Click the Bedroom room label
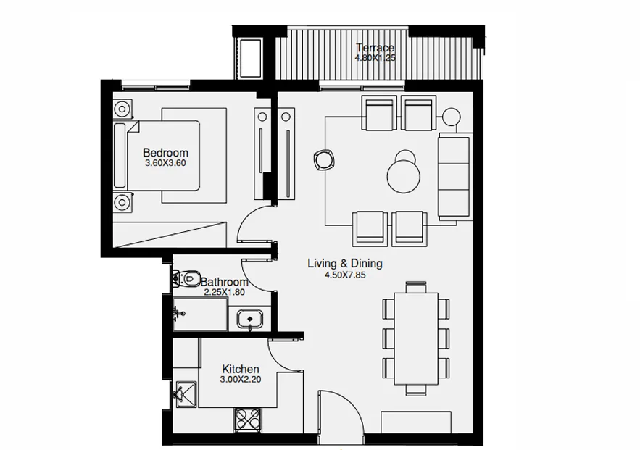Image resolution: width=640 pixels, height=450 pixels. pyautogui.click(x=165, y=153)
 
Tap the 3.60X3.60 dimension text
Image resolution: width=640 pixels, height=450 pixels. pyautogui.click(x=165, y=164)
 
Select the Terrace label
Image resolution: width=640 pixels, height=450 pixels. pyautogui.click(x=375, y=49)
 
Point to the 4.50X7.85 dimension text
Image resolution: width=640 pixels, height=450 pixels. pyautogui.click(x=344, y=275)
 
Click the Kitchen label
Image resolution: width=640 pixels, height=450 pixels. pyautogui.click(x=241, y=370)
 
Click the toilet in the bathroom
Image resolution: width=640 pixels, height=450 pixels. pyautogui.click(x=187, y=277)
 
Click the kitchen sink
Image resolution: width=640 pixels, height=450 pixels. pyautogui.click(x=184, y=393)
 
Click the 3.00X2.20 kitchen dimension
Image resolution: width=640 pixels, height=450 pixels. pyautogui.click(x=240, y=380)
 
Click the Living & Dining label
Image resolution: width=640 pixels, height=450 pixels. pyautogui.click(x=344, y=264)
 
